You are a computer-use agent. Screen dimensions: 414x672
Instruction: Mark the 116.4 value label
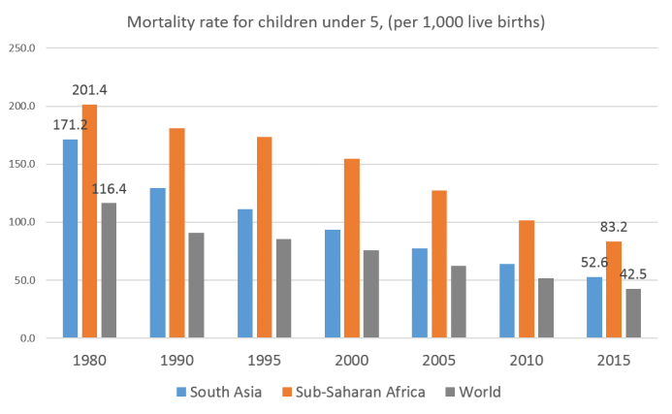pos(111,189)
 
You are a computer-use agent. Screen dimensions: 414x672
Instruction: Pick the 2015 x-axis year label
pos(613,360)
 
